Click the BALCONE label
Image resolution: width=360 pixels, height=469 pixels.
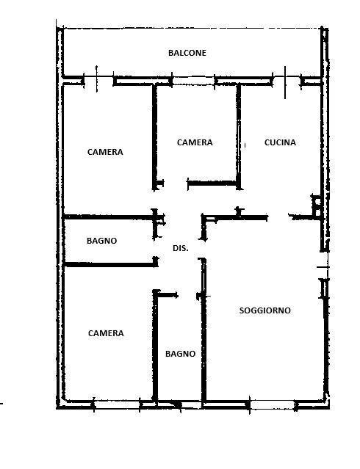pyautogui.click(x=187, y=53)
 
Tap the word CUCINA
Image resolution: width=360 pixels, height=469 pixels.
pyautogui.click(x=280, y=142)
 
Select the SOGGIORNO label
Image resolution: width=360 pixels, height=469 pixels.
pyautogui.click(x=265, y=310)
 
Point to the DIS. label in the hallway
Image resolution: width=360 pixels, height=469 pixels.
pyautogui.click(x=181, y=248)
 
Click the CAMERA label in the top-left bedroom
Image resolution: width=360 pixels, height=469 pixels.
pyautogui.click(x=105, y=152)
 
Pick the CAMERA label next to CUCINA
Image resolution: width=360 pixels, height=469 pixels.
pyautogui.click(x=195, y=142)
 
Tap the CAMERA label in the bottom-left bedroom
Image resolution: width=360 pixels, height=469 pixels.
pyautogui.click(x=106, y=333)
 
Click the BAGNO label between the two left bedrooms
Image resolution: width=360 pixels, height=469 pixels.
pyautogui.click(x=102, y=241)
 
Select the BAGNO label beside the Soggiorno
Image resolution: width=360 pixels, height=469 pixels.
pyautogui.click(x=180, y=354)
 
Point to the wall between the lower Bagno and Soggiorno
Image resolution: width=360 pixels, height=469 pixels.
pyautogui.click(x=204, y=332)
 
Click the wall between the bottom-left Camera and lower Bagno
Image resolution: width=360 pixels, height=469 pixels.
pyautogui.click(x=155, y=347)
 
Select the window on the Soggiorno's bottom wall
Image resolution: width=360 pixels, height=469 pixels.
pyautogui.click(x=272, y=404)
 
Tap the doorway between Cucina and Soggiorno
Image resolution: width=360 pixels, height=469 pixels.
pyautogui.click(x=278, y=217)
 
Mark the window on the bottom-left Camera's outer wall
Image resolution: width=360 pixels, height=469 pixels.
pyautogui.click(x=117, y=404)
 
